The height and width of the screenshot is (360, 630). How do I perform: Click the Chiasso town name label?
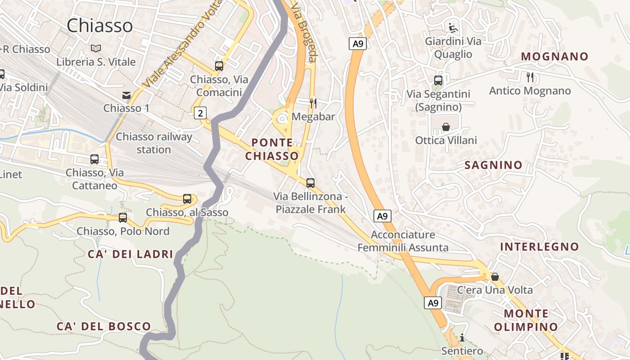(x=100, y=26)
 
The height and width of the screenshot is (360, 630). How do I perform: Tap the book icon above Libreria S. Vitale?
(x=96, y=48)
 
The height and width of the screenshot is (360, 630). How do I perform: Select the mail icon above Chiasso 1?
(x=126, y=95)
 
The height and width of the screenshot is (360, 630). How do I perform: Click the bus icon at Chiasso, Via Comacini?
(x=219, y=66)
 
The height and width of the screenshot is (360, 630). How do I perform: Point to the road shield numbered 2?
(x=200, y=113)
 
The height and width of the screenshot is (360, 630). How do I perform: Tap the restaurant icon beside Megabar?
(x=313, y=103)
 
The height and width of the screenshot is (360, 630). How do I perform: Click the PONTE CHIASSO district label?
(x=272, y=149)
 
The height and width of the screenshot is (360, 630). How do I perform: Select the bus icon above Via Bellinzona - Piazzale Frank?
(x=310, y=183)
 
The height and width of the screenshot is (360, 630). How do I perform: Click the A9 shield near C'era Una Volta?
(x=433, y=303)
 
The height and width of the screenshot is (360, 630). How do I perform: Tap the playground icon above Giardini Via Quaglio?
(x=453, y=28)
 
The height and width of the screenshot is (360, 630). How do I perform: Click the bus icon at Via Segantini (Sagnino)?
(x=438, y=81)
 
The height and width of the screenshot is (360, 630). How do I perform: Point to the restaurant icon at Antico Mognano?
(x=530, y=77)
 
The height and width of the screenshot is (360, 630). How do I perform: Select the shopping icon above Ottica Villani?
(x=446, y=127)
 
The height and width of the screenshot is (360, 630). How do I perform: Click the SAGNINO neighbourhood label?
(x=493, y=165)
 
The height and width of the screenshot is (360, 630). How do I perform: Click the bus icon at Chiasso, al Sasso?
(x=187, y=198)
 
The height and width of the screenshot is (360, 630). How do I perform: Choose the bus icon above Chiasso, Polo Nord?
(x=123, y=218)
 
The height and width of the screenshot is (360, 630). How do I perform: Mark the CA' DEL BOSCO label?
(x=103, y=327)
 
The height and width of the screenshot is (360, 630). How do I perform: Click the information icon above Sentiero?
(x=462, y=337)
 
